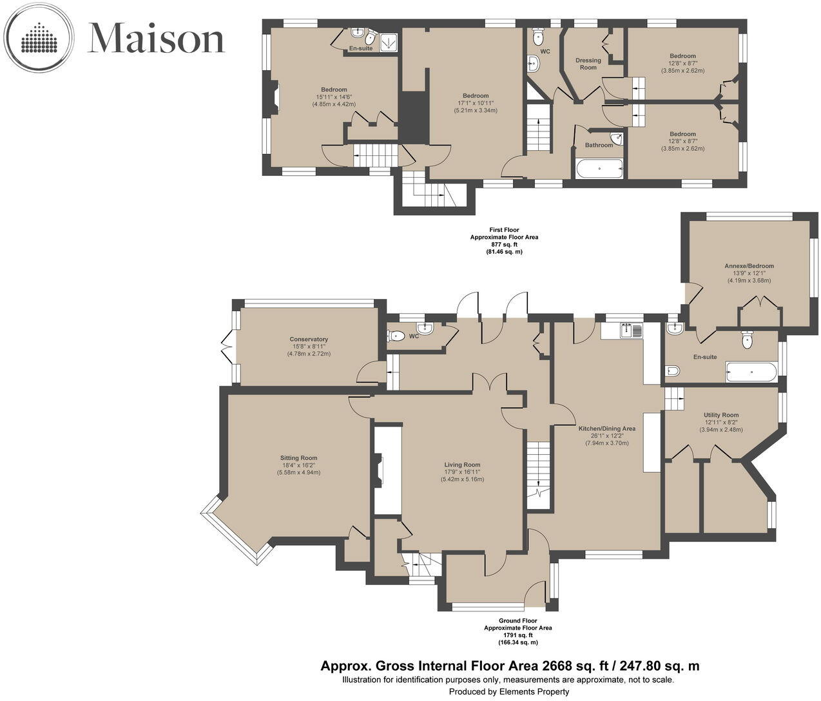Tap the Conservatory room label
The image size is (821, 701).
pos(309,339)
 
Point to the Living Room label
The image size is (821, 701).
pos(462,465)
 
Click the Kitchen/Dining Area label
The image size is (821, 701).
pos(607,428)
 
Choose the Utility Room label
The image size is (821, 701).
pos(721,415)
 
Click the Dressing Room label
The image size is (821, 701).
pos(588,64)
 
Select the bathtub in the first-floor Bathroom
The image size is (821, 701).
pos(599,169)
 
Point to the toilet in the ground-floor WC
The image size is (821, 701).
pos(397,336)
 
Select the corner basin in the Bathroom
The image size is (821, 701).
pos(617,139)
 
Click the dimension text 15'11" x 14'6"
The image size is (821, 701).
pos(334,97)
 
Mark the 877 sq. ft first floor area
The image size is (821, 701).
pos(505,245)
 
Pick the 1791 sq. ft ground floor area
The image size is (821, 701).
pos(518,635)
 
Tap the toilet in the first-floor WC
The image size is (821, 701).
pos(537,37)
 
